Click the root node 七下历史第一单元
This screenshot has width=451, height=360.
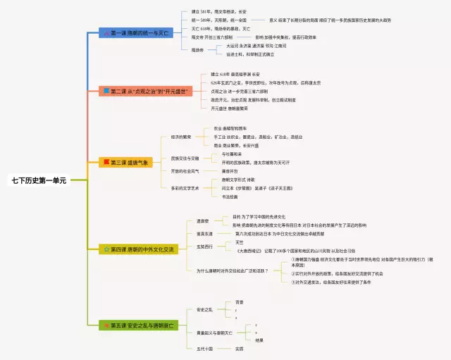click(38, 180)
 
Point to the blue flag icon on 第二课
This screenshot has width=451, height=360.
click(106, 91)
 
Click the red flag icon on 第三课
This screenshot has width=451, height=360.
click(106, 163)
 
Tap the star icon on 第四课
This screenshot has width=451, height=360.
click(106, 249)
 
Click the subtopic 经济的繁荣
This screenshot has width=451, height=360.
click(182, 137)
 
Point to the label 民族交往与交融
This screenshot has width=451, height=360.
click(185, 159)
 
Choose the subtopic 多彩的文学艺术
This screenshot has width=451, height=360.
click(185, 188)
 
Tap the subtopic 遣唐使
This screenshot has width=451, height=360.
click(203, 221)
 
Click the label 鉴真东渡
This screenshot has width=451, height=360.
click(205, 233)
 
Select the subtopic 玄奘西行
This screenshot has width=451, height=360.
click(205, 247)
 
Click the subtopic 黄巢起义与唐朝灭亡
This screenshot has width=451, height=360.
click(214, 333)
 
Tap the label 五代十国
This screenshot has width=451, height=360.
click(204, 349)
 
